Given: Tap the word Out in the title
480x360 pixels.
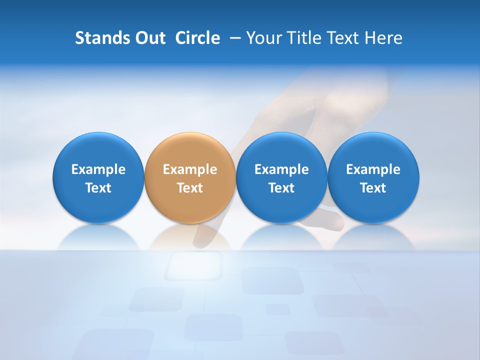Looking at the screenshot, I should pos(149,38).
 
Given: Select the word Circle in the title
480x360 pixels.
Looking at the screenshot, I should pos(197,38).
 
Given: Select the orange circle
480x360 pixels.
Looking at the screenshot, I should pos(190,177).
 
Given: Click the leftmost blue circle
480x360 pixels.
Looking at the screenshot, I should pos(98,177).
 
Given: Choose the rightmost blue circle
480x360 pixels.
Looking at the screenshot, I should pos(373,177).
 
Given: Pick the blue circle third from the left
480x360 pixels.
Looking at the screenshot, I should pos(281,177).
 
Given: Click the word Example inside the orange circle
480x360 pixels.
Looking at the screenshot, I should pos(190,169).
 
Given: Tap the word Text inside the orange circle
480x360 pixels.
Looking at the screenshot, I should pos(190,188).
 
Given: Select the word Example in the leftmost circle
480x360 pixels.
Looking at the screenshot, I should pos(98,169).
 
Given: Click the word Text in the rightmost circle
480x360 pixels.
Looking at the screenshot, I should pos(373,188).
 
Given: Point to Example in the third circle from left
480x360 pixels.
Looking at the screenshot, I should pos(281,169).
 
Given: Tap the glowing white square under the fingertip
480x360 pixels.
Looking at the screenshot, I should pos(194,265).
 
